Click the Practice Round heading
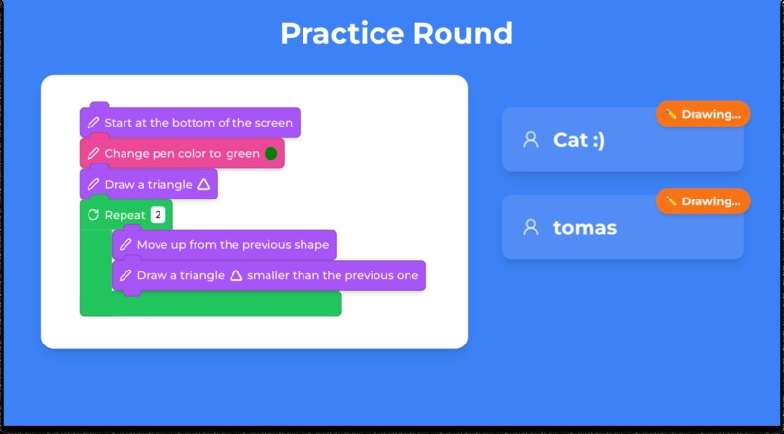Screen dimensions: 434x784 (396, 34)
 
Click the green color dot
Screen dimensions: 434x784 (270, 153)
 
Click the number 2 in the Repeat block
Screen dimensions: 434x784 (158, 215)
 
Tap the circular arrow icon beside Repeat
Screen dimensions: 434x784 (93, 215)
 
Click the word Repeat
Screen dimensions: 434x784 (125, 215)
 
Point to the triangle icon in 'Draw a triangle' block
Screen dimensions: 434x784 (203, 184)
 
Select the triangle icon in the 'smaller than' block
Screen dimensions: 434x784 (235, 275)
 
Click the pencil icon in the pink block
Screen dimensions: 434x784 (93, 153)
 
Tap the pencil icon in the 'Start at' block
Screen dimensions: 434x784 (93, 123)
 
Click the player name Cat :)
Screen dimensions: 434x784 (579, 140)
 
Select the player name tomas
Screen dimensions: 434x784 (585, 228)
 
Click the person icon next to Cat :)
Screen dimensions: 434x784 (530, 140)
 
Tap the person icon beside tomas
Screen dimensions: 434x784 (530, 228)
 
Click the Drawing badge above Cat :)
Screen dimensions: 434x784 (703, 114)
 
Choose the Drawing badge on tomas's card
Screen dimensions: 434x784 (703, 201)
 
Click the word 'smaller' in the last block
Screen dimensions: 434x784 (269, 275)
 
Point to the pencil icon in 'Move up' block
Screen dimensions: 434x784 (125, 245)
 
